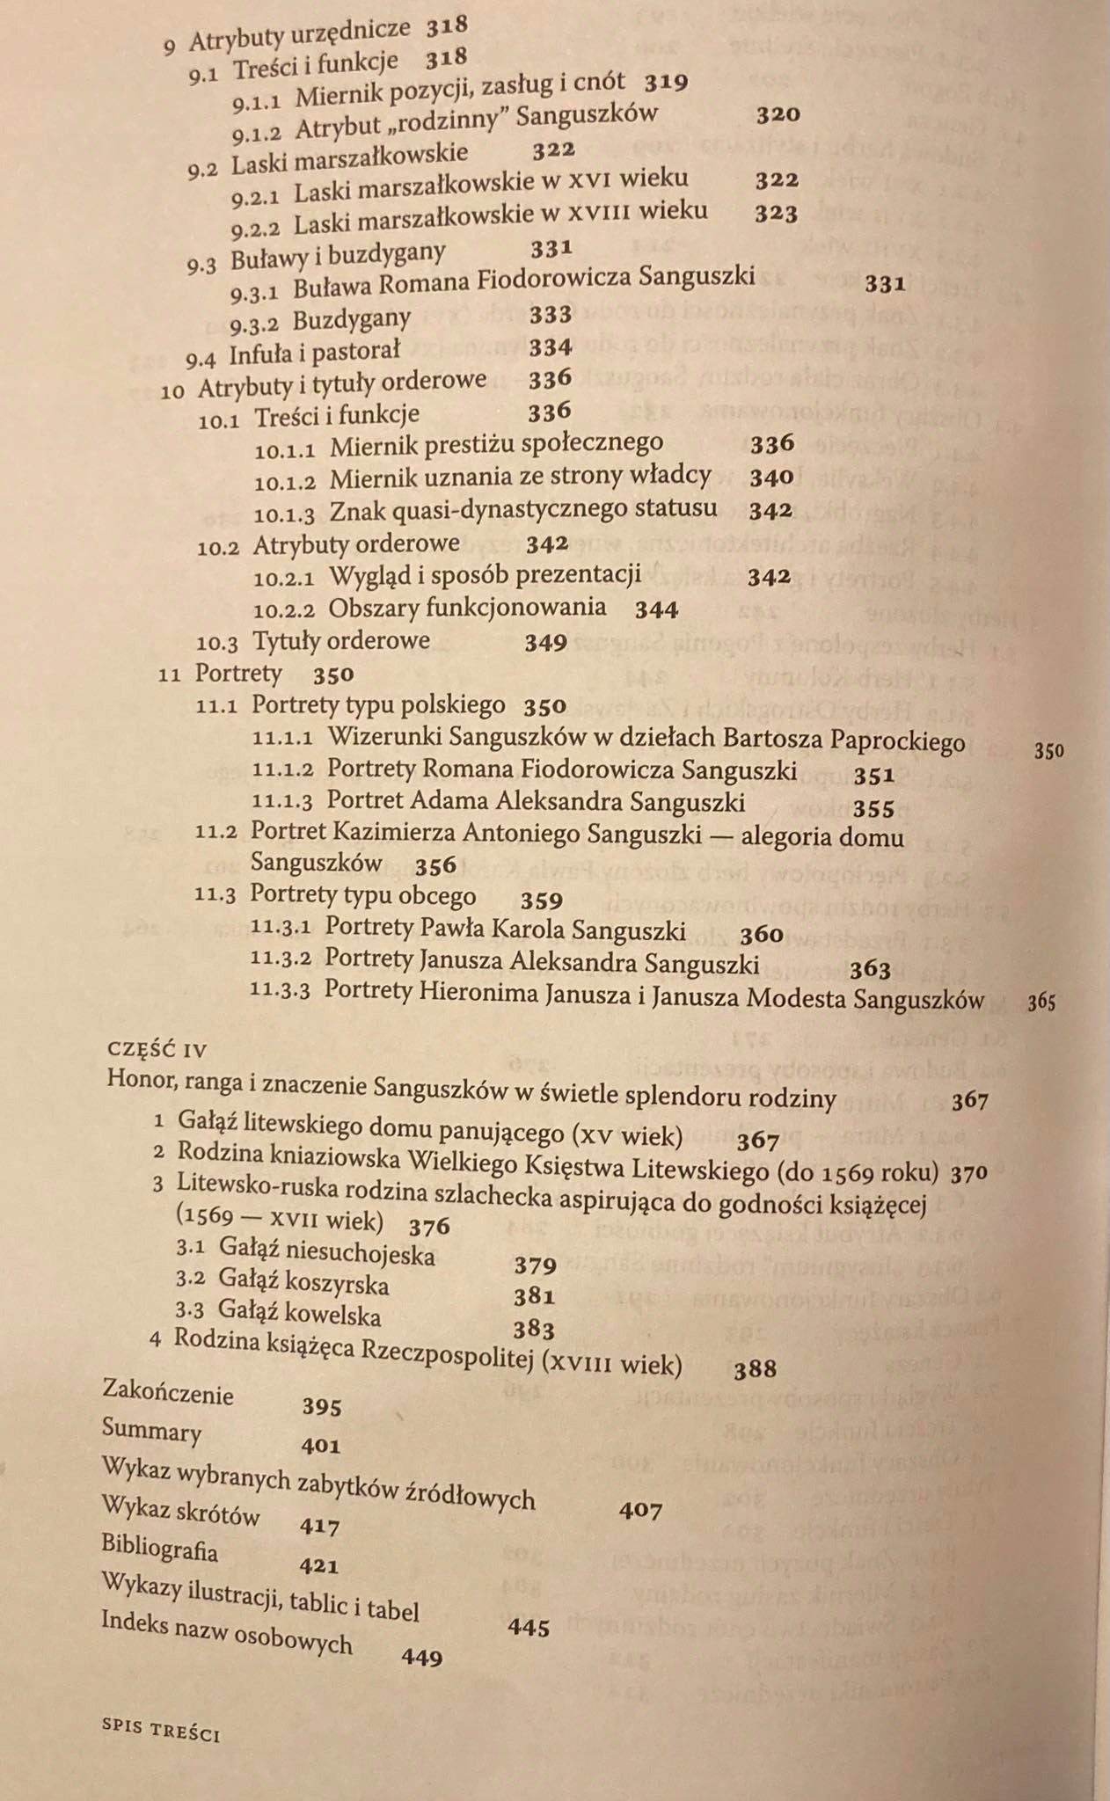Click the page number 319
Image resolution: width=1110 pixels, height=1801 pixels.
(665, 83)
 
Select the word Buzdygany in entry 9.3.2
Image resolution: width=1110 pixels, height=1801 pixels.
(352, 317)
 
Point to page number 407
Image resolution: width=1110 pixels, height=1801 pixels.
(640, 1511)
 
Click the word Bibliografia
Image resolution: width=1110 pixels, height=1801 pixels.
(159, 1547)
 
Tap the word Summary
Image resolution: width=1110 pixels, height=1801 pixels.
(151, 1431)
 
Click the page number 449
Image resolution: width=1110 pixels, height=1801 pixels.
(421, 1658)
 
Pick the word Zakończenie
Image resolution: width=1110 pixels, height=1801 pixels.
(168, 1393)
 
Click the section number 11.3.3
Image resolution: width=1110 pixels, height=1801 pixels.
(280, 990)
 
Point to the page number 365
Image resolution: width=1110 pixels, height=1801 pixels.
(1042, 1003)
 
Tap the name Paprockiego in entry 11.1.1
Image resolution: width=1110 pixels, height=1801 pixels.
(896, 741)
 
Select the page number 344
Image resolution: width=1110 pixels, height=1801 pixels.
(656, 609)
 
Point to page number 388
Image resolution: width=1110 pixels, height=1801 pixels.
(755, 1368)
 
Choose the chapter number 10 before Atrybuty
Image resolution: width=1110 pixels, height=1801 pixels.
(172, 390)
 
